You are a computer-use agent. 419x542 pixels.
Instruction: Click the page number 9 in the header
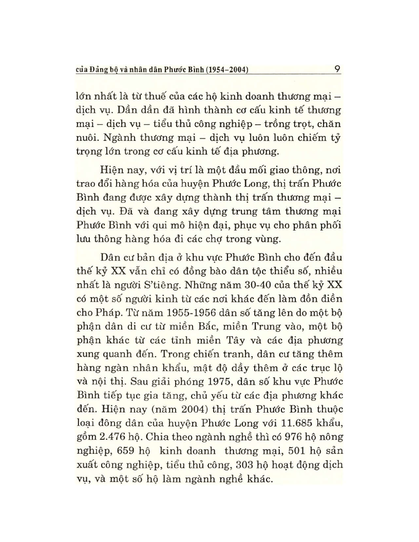pyautogui.click(x=335, y=68)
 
